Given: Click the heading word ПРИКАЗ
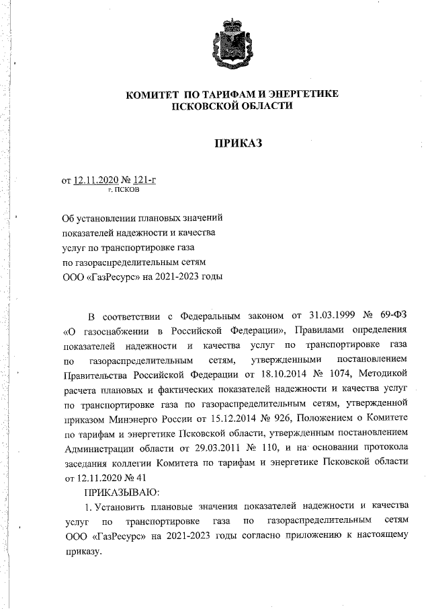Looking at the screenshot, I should (x=236, y=143).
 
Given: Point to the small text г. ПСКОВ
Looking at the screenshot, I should (x=124, y=190).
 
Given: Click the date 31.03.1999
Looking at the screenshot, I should (x=316, y=317).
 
